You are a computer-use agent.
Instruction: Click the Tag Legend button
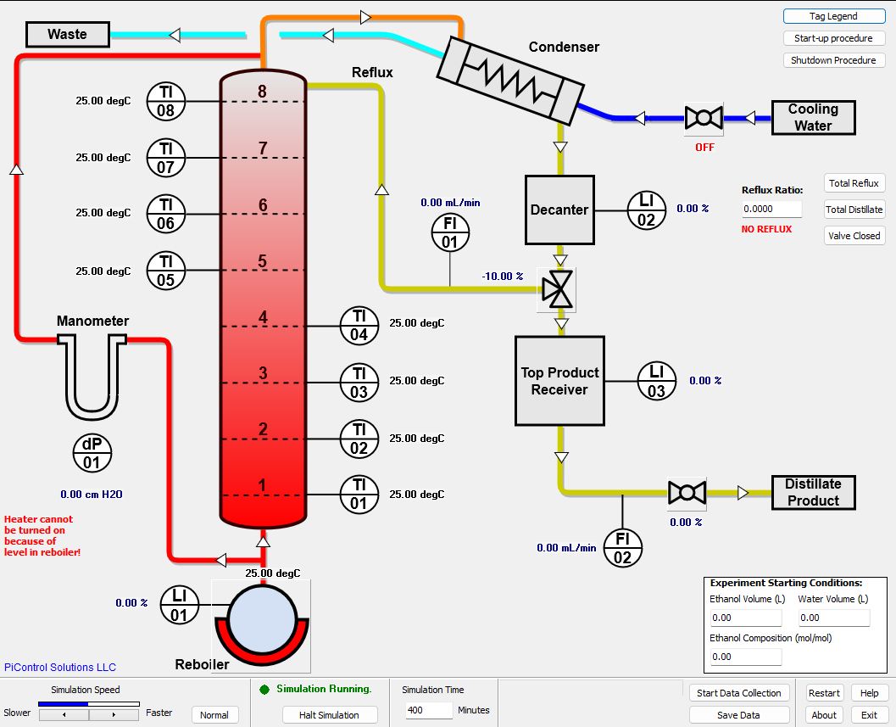tap(833, 16)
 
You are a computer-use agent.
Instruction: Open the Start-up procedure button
tap(833, 38)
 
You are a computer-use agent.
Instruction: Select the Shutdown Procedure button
tap(833, 60)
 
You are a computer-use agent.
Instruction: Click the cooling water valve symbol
tap(704, 118)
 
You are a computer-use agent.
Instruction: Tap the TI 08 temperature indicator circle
tap(165, 102)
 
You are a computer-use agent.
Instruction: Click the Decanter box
tap(559, 210)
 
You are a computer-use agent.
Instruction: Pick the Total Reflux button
tap(854, 183)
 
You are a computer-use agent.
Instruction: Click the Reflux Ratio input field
tap(771, 209)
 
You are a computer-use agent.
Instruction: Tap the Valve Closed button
tap(854, 236)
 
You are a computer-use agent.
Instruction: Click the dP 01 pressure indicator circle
tap(92, 454)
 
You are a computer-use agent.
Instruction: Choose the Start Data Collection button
tap(739, 693)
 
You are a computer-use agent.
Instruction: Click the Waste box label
tap(68, 34)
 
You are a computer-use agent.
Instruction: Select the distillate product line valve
tap(687, 493)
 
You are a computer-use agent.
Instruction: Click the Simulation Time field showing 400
tap(428, 710)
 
